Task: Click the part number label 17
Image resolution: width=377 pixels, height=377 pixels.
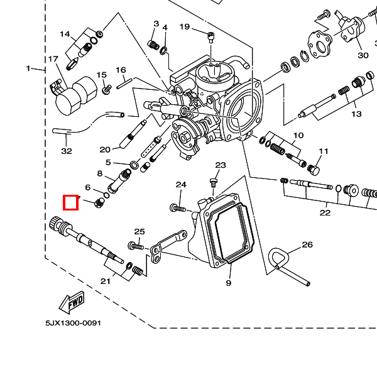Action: (x=53, y=60)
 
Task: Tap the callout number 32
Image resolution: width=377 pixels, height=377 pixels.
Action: (x=67, y=151)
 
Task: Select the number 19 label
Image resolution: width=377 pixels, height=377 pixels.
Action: (x=184, y=26)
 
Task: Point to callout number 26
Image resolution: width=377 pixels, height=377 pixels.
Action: (x=307, y=244)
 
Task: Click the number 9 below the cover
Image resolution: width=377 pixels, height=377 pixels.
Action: (x=229, y=283)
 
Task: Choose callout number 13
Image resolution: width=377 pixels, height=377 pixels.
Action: (x=356, y=114)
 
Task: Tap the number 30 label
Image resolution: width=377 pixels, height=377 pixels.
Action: (x=363, y=55)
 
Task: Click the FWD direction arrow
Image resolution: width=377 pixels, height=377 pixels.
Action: (x=70, y=302)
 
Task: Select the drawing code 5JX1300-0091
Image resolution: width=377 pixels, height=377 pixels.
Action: (x=73, y=323)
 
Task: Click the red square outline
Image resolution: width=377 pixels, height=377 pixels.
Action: (x=70, y=202)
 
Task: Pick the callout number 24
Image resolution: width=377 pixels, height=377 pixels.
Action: (x=181, y=185)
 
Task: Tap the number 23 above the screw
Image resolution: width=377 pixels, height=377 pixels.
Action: (x=220, y=165)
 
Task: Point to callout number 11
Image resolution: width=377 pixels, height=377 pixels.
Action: (x=324, y=151)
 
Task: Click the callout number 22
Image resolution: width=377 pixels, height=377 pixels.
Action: (x=324, y=213)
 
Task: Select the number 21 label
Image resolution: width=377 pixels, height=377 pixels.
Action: (x=106, y=281)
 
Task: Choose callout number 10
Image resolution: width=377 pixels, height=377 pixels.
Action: (x=298, y=135)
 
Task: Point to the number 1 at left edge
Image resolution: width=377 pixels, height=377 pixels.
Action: (x=28, y=68)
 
